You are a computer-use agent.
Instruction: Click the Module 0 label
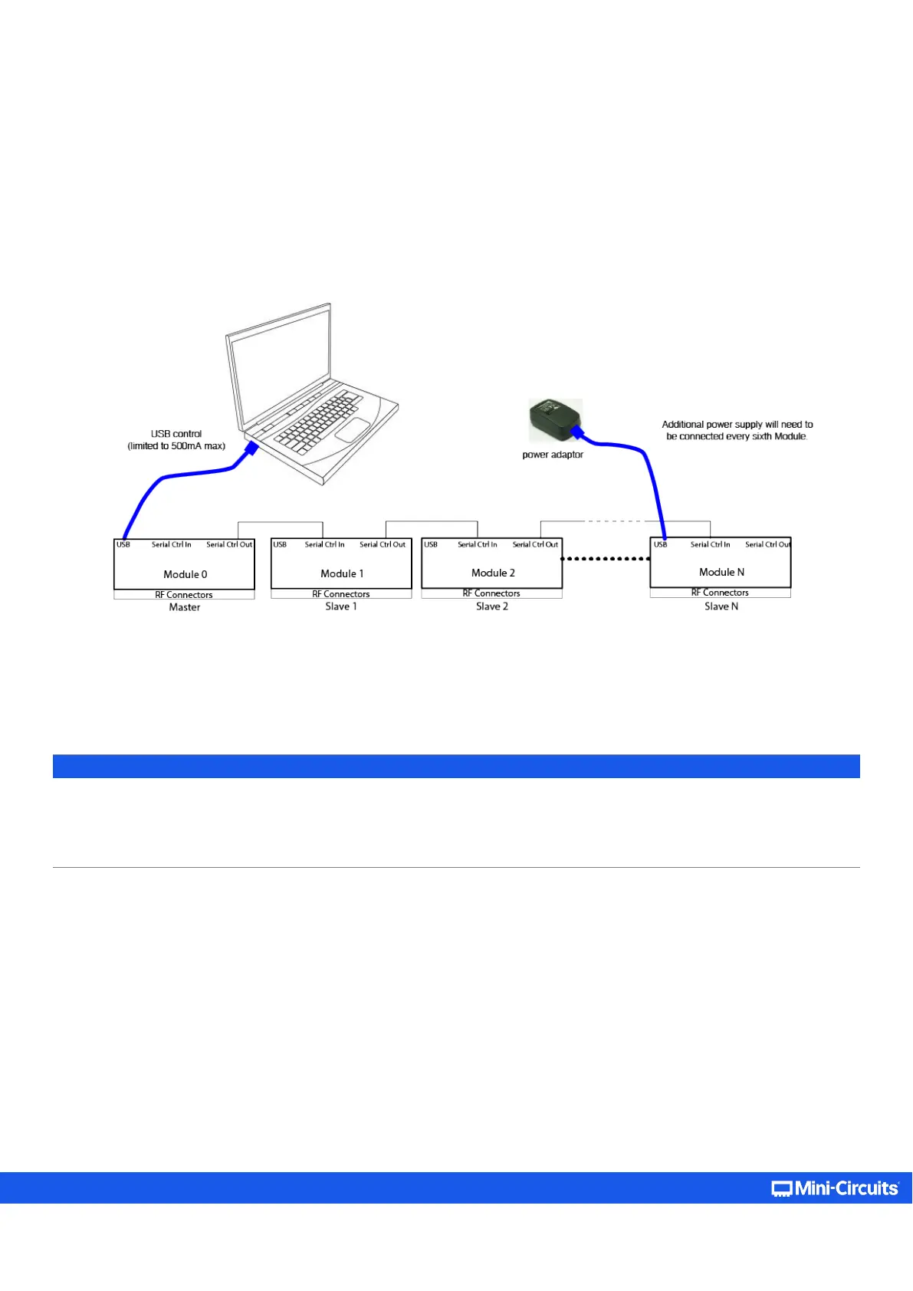[x=185, y=574]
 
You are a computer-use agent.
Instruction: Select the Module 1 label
[x=342, y=573]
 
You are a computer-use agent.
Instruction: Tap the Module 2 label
[x=493, y=573]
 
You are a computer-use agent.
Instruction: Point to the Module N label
[x=721, y=572]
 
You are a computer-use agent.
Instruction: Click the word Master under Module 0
[x=184, y=607]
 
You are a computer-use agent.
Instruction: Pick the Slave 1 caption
[x=341, y=606]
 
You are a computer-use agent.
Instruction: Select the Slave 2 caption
[x=492, y=606]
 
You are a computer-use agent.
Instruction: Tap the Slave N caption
[x=721, y=606]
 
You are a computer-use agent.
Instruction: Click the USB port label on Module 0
[x=123, y=544]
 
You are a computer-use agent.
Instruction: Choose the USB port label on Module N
[x=660, y=544]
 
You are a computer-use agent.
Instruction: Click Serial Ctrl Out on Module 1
[x=383, y=544]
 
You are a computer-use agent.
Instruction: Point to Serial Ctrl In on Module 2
[x=478, y=544]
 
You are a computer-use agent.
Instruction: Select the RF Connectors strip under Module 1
[x=341, y=594]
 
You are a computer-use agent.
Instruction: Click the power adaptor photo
[x=554, y=419]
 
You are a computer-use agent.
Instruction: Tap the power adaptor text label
[x=553, y=455]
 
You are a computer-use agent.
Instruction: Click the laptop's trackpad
[x=353, y=430]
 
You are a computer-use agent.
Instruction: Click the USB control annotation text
[x=176, y=439]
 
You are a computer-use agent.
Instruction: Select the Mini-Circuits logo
[x=835, y=1188]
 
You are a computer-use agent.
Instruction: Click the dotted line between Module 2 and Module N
[x=606, y=559]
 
